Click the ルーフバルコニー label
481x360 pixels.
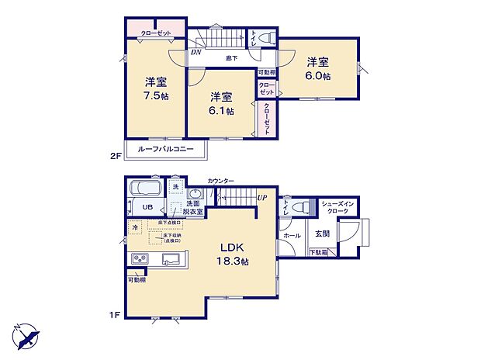click(x=161, y=150)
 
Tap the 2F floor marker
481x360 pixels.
click(x=116, y=155)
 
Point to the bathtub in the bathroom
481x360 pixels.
click(x=145, y=190)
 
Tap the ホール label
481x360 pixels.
click(x=292, y=234)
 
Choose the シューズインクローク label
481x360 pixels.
click(x=338, y=206)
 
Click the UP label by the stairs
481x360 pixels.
click(x=262, y=197)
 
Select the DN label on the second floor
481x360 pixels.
click(x=196, y=53)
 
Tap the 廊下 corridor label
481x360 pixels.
click(x=231, y=57)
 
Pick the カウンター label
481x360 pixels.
click(x=221, y=181)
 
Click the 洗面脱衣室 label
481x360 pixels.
click(x=194, y=207)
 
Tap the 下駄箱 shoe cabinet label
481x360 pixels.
click(x=318, y=252)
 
